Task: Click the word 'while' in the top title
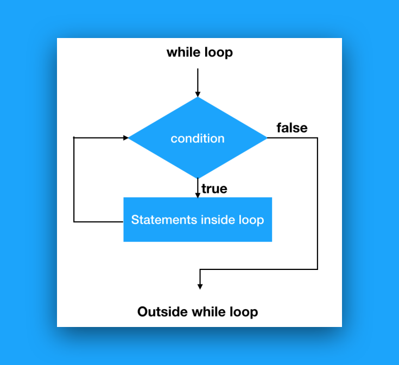click(x=183, y=53)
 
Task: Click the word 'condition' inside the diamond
click(x=198, y=139)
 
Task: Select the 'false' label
click(x=292, y=128)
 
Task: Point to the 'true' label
click(x=214, y=189)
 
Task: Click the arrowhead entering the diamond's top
click(x=198, y=94)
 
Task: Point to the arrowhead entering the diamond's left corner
click(x=125, y=138)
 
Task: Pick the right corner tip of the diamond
click(x=267, y=138)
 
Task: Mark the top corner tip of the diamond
click(x=198, y=98)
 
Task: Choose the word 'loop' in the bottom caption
click(x=242, y=312)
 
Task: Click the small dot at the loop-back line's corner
click(x=74, y=138)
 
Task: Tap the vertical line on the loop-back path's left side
click(x=74, y=179)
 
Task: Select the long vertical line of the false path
click(x=318, y=204)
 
